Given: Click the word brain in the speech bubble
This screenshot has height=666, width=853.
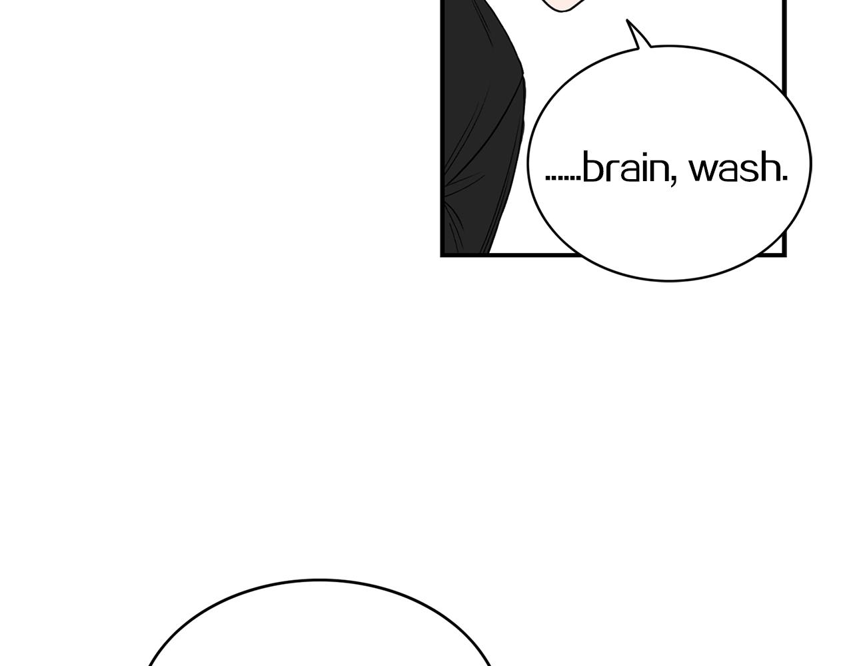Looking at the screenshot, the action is point(625,166).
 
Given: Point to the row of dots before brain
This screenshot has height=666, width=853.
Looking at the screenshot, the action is point(563,178).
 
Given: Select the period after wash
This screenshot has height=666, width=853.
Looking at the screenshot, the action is point(784,178).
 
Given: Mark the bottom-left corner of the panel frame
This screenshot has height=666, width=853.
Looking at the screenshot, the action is point(442,256).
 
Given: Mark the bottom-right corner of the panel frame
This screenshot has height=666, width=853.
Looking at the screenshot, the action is point(785,256).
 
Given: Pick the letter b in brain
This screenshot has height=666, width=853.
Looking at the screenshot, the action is point(592,166).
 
